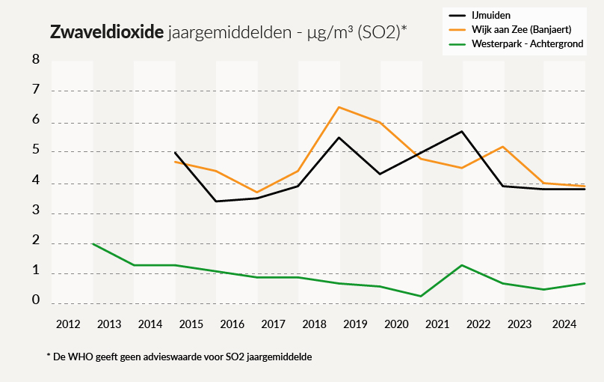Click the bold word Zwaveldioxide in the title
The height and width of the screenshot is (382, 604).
click(x=106, y=33)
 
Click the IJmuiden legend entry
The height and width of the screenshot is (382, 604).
click(x=491, y=14)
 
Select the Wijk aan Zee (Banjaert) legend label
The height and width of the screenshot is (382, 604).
click(x=522, y=29)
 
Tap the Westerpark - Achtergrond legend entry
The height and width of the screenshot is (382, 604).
click(x=528, y=45)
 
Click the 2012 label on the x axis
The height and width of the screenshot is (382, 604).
click(x=69, y=324)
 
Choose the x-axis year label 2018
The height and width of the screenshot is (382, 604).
click(x=315, y=324)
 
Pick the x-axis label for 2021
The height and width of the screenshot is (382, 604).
click(x=438, y=324)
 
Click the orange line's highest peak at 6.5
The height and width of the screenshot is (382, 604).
click(x=339, y=107)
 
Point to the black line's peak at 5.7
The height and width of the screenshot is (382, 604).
click(x=462, y=131)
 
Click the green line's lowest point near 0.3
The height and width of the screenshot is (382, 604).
click(x=421, y=296)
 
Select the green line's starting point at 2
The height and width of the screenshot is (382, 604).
click(x=93, y=243)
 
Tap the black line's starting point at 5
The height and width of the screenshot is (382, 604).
click(x=175, y=152)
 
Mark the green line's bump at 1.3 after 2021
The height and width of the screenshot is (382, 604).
click(x=462, y=265)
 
